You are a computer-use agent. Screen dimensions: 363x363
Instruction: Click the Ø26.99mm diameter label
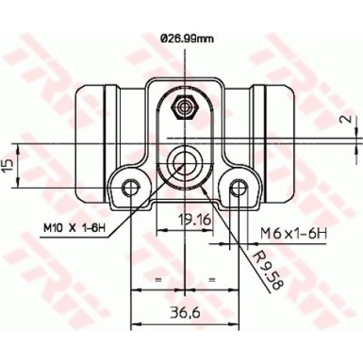point(182,39)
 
